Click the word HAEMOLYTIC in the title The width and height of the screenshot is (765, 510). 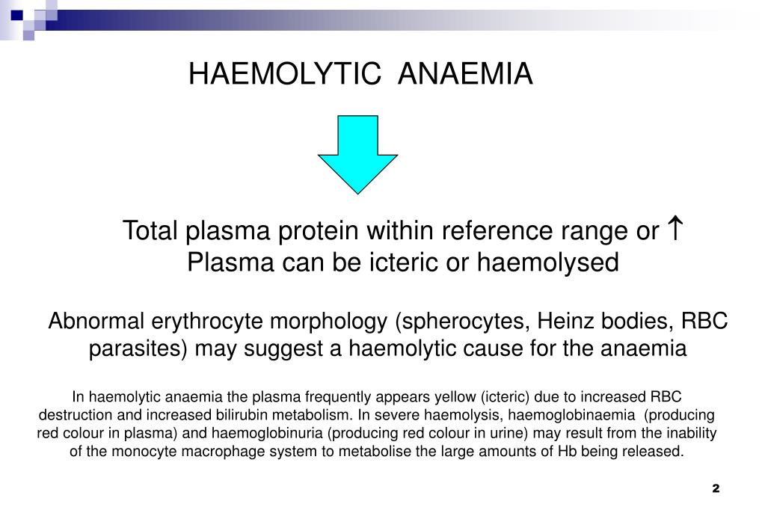tap(284, 74)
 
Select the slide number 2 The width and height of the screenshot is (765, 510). tap(715, 488)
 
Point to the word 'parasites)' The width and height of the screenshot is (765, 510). tap(138, 348)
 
